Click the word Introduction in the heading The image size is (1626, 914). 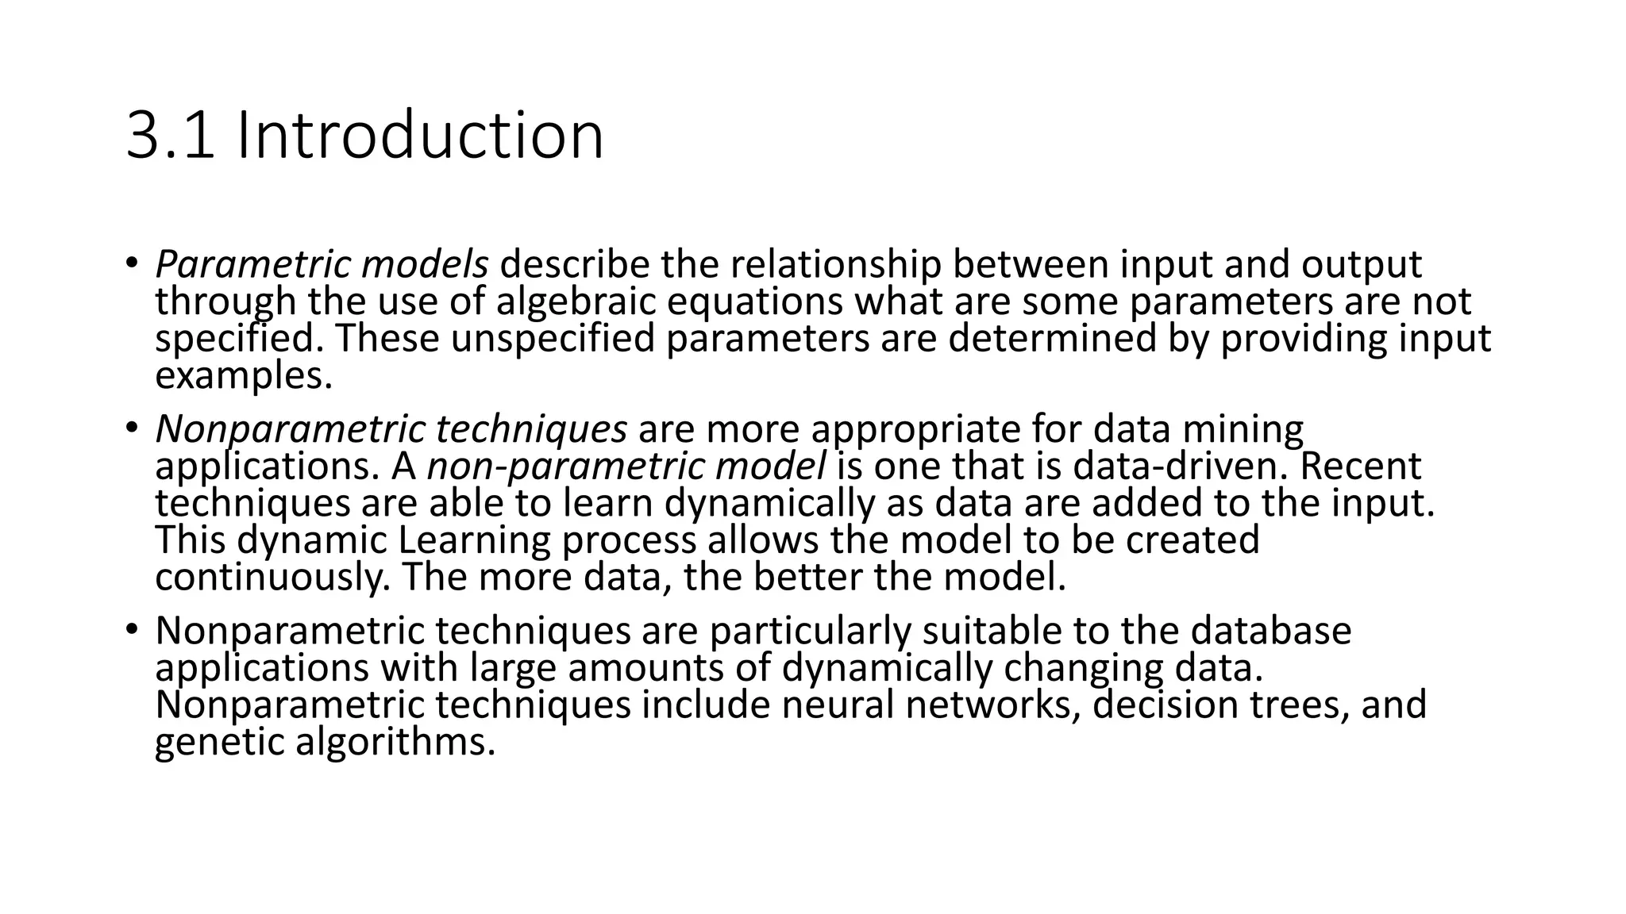coord(420,136)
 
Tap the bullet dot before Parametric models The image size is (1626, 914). coord(131,262)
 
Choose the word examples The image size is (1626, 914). coord(243,376)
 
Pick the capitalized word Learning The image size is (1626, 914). coord(474,540)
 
